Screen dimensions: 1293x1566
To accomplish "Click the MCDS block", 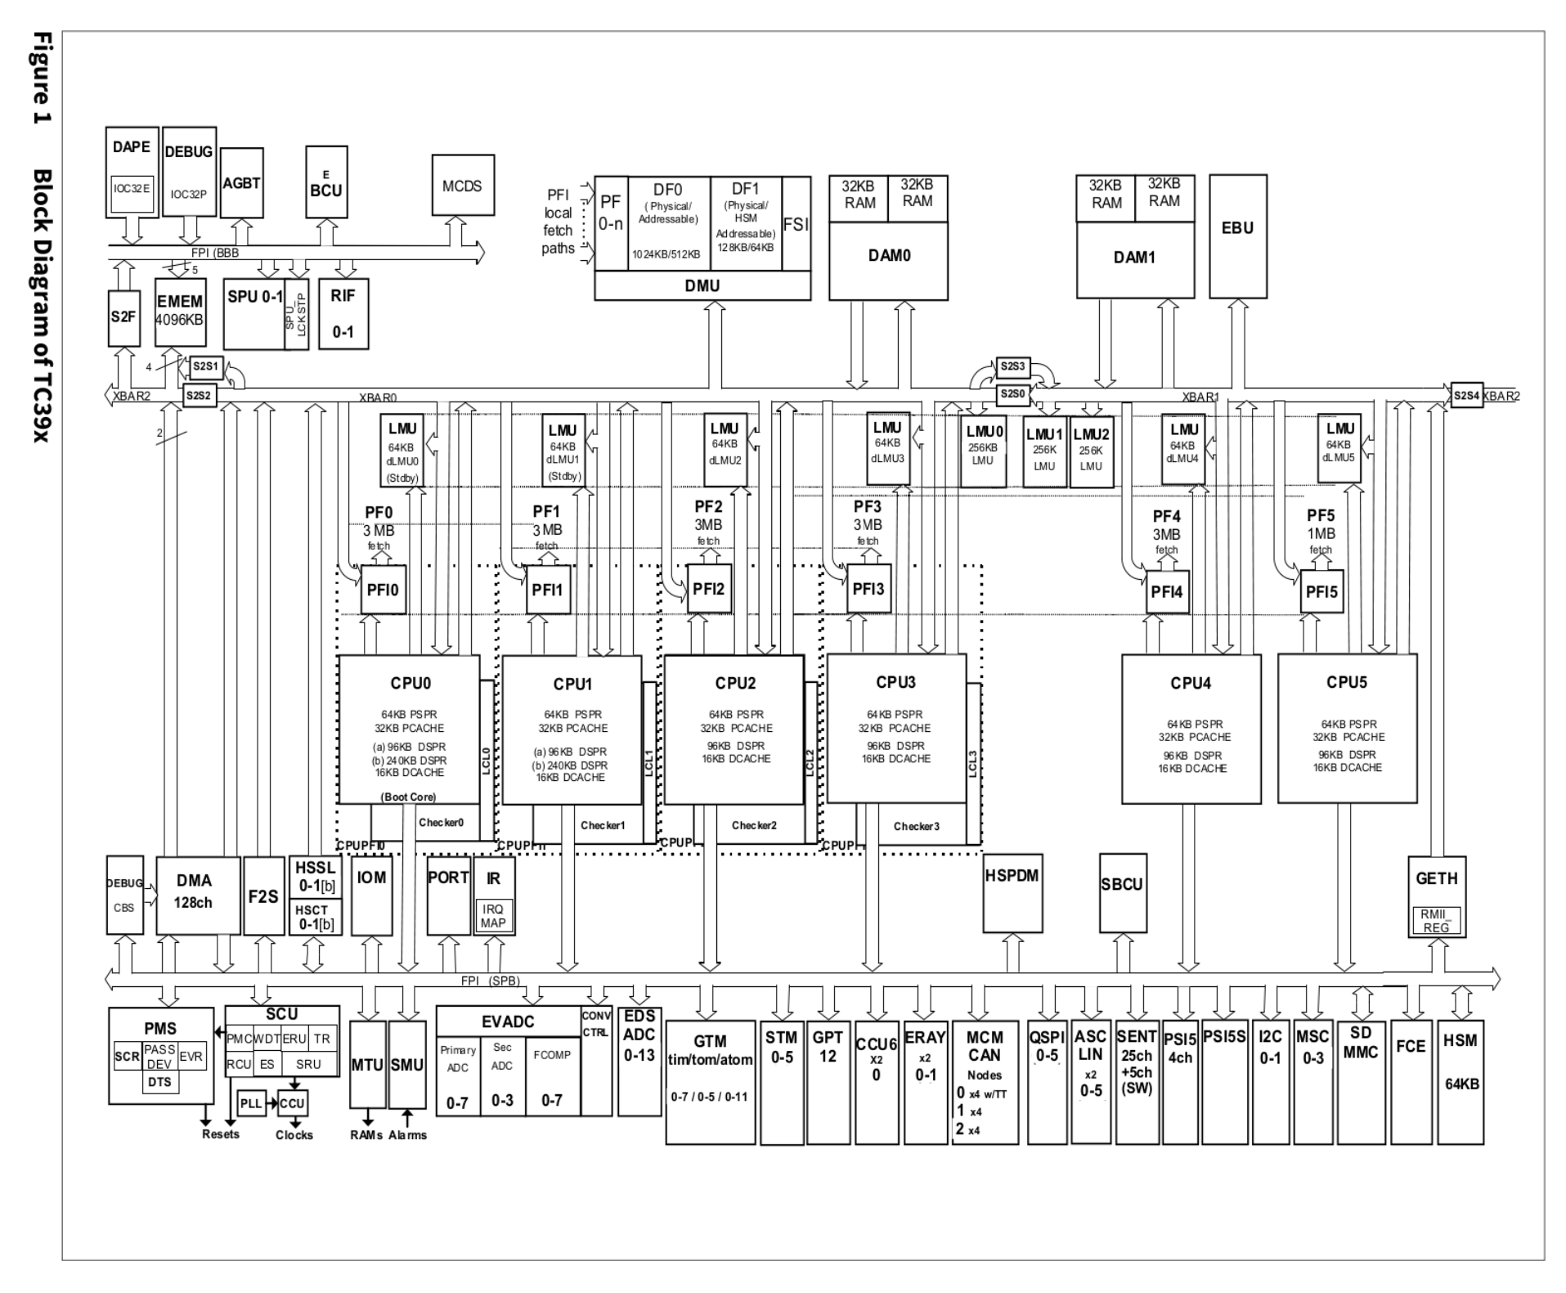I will coord(463,186).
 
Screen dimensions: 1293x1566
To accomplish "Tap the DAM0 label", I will coord(889,256).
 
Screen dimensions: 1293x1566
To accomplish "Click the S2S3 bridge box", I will coord(1013,366).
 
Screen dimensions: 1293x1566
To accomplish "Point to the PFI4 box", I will coord(1167,591).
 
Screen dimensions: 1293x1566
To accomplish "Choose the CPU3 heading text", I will coord(895,682).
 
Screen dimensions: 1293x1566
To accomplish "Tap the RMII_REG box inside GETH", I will coord(1436,921).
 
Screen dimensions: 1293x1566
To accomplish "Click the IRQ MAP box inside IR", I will coord(493,916).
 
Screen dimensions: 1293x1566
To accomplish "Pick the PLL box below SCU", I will coord(251,1103).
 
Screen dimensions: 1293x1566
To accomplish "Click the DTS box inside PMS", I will coord(160,1082).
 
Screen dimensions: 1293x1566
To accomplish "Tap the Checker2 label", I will coord(754,826).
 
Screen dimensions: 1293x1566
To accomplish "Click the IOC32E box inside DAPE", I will coord(132,190).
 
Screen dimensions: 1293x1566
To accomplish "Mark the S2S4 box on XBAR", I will coord(1466,396).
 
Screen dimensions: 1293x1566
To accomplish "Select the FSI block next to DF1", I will coord(796,224).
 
